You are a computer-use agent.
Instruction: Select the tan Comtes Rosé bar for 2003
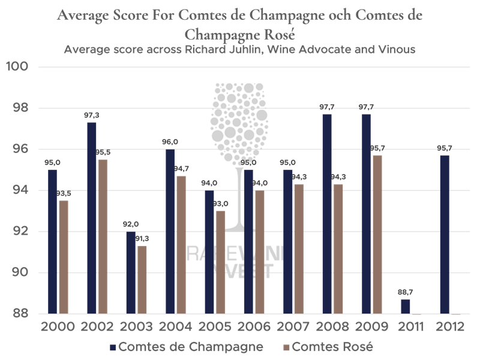point(142,280)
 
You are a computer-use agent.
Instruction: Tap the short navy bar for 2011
point(406,307)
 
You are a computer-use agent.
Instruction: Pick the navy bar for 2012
point(445,235)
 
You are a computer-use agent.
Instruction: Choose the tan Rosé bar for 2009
point(377,235)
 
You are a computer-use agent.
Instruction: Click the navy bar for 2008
point(327,214)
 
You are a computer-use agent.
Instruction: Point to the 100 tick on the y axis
point(19,67)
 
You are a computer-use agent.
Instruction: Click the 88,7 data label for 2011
point(406,292)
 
